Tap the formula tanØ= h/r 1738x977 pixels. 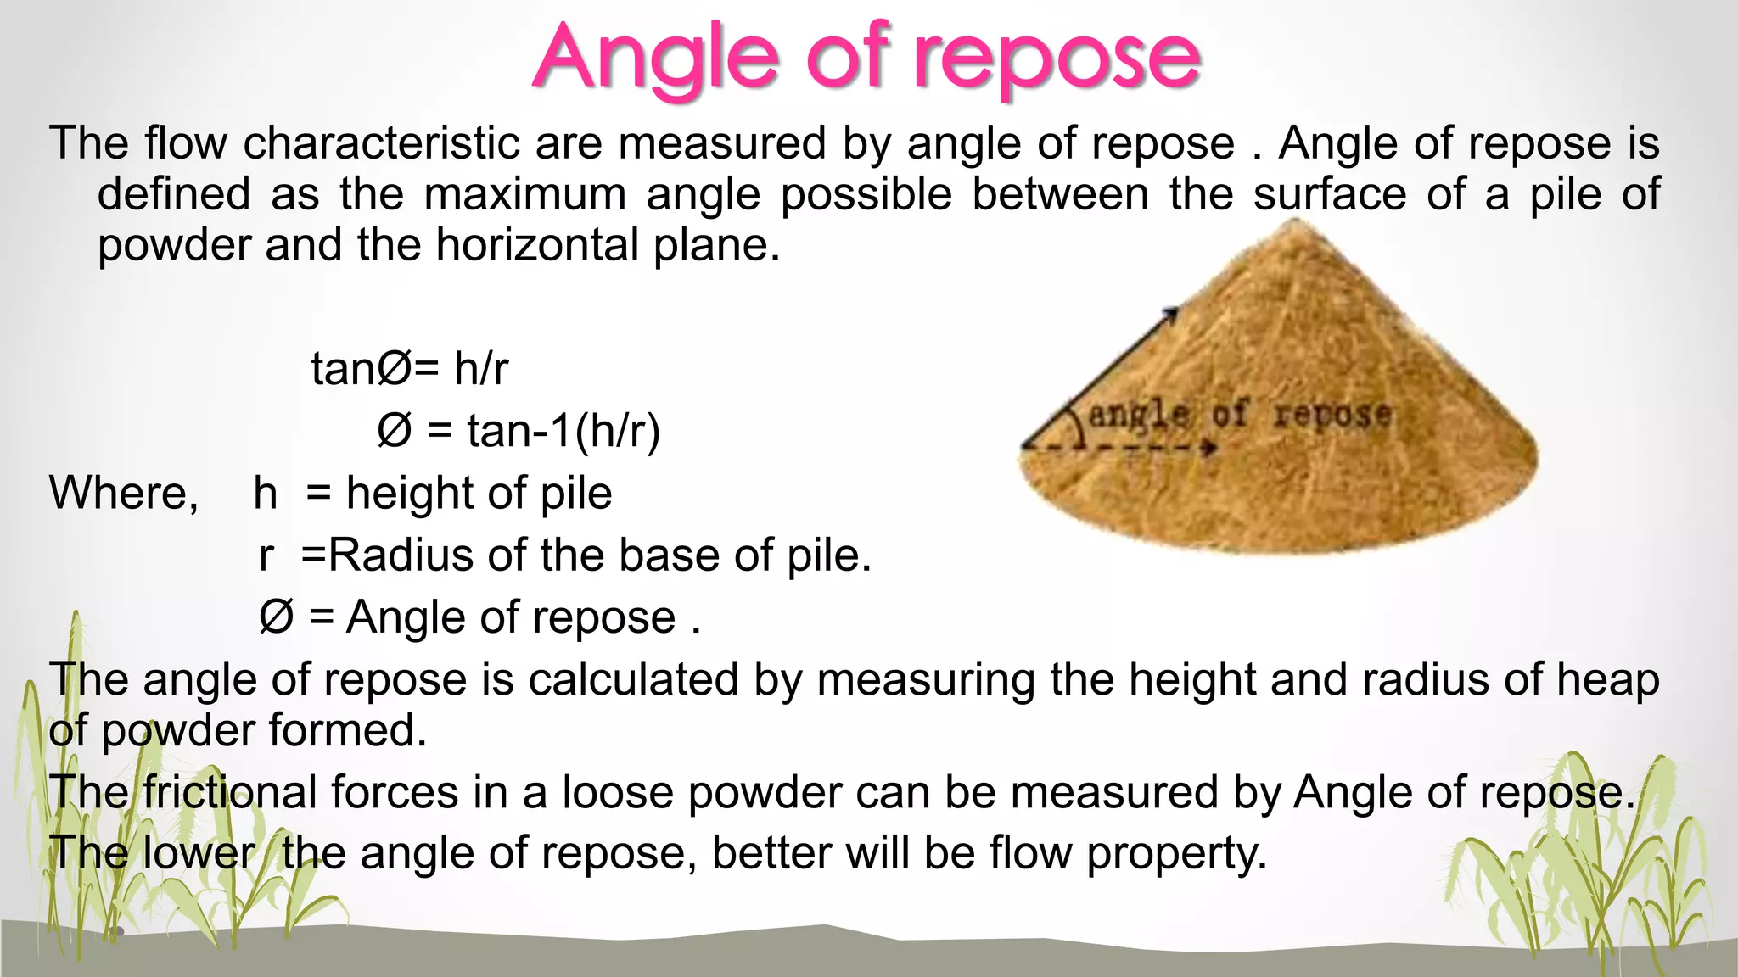[x=410, y=369]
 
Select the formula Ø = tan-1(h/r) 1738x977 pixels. [x=519, y=431]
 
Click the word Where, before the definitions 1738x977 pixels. [x=124, y=493]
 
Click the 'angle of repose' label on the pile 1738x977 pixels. [x=1239, y=415]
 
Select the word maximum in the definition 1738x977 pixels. [x=524, y=194]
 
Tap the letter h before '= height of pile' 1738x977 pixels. [x=266, y=494]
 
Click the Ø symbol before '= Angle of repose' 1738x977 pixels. [x=276, y=617]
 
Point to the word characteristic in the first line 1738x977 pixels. [x=381, y=142]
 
